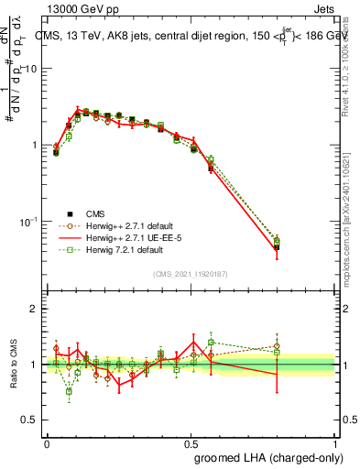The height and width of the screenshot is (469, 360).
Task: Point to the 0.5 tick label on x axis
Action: (x=191, y=443)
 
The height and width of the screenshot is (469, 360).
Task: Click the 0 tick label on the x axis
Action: (x=47, y=443)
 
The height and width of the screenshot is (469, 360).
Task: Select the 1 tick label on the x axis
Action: (x=334, y=443)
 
